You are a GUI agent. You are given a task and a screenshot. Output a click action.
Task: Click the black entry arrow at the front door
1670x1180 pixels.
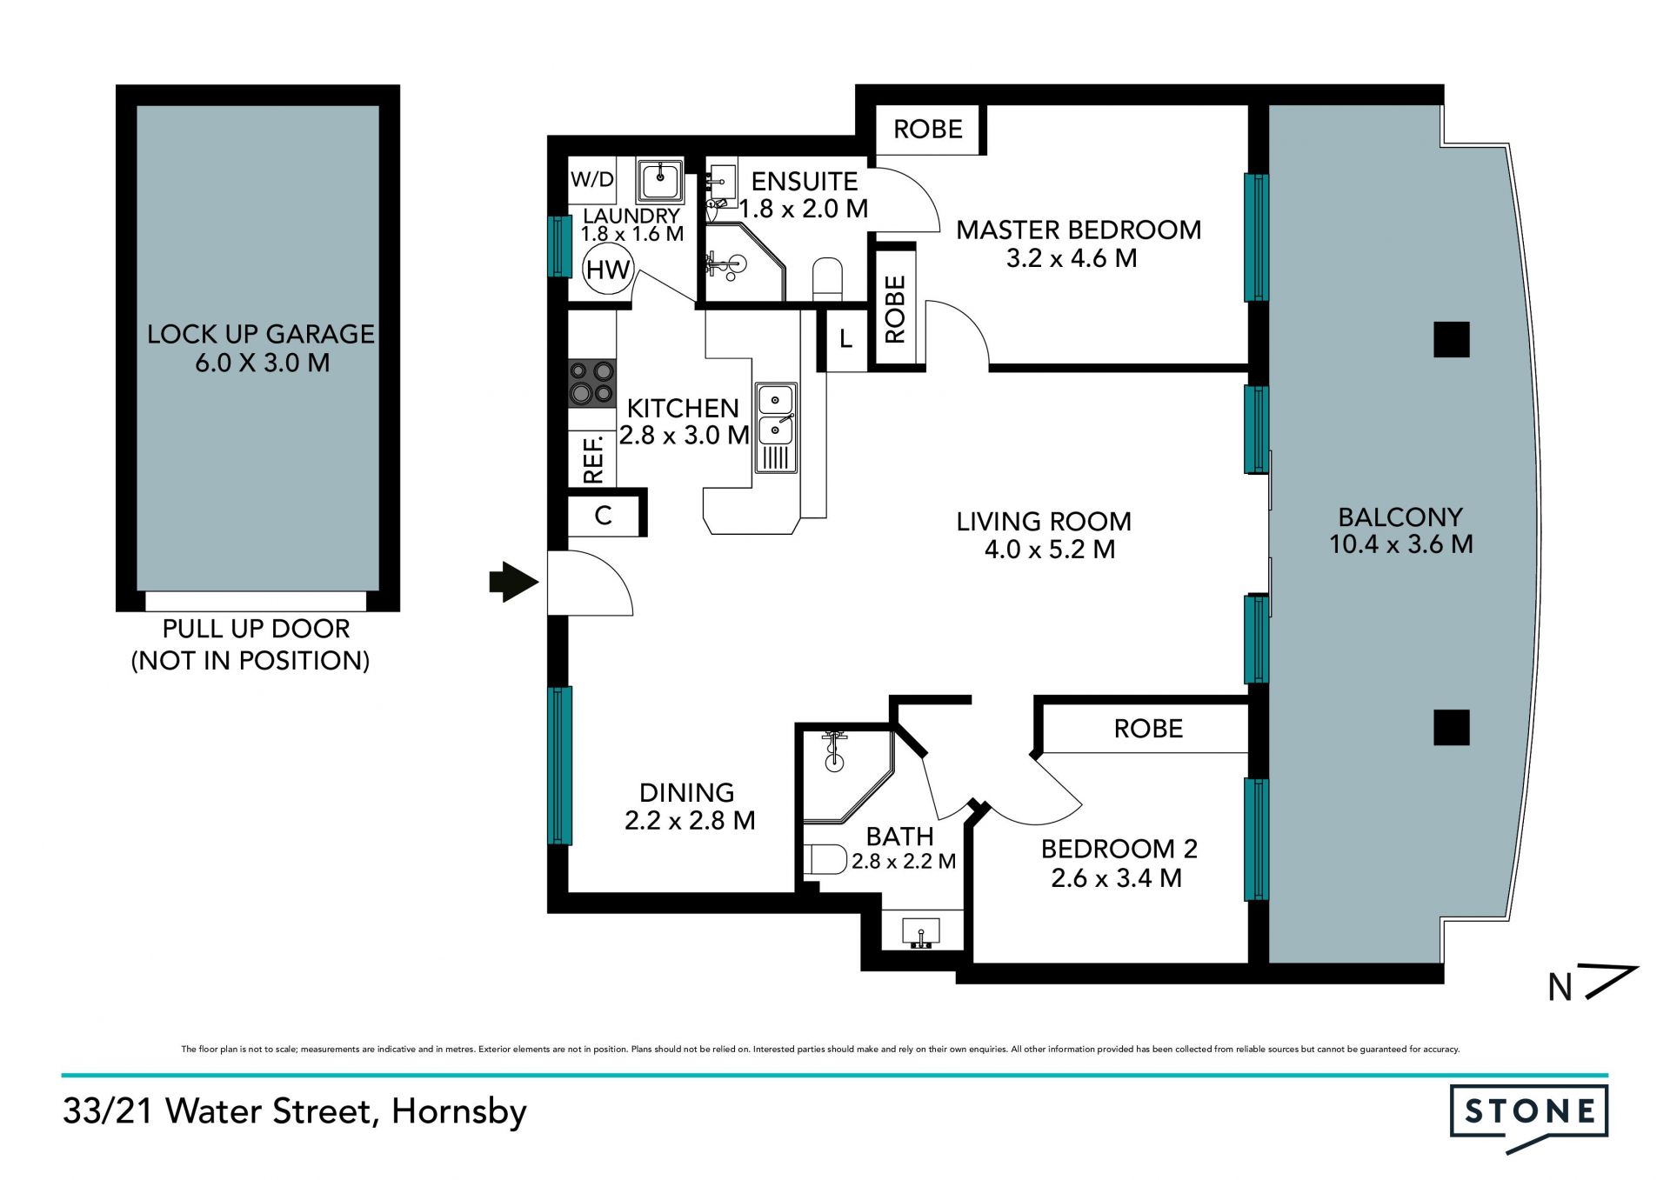click(x=514, y=582)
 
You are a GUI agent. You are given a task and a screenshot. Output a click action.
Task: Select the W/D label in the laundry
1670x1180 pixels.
click(x=592, y=180)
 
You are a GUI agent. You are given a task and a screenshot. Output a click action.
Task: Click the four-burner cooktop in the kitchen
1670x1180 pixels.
click(x=592, y=383)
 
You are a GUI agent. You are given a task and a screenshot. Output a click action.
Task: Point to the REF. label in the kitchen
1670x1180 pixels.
click(x=593, y=460)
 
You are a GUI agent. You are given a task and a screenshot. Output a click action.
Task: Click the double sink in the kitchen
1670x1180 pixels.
click(x=776, y=427)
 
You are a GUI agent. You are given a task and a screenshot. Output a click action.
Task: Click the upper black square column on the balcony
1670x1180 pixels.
click(x=1452, y=339)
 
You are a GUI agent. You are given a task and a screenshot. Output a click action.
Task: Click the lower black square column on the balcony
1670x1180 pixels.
click(x=1452, y=727)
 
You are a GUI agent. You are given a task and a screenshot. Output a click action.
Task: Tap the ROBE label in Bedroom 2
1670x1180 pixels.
click(x=1148, y=729)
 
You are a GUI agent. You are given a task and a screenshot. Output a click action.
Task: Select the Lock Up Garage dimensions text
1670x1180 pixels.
click(x=262, y=363)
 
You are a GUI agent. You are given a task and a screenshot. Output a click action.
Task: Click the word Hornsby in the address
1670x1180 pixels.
click(x=459, y=1112)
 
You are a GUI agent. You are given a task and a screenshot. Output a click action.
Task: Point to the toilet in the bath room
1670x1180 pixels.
click(x=825, y=860)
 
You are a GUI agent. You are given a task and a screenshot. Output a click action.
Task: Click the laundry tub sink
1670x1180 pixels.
click(x=660, y=180)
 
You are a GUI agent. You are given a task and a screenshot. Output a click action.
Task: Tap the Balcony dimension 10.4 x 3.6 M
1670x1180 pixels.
click(x=1401, y=544)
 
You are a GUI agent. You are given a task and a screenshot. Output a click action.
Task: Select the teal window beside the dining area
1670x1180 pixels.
click(x=560, y=765)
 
